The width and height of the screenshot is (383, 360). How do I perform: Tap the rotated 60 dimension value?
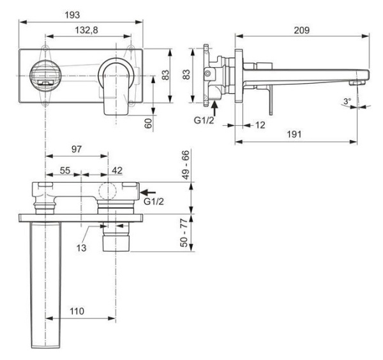pos(148,123)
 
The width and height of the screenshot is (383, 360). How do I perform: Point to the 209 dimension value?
pos(303,30)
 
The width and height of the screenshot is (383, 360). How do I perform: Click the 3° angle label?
pos(347,101)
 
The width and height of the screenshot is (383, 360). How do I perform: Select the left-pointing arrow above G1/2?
pos(147,191)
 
